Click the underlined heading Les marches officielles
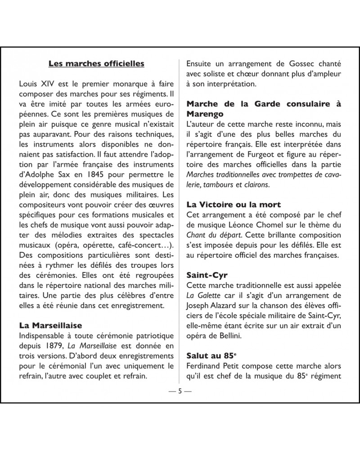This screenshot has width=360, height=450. tap(96, 63)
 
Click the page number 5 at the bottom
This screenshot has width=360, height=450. tap(180, 391)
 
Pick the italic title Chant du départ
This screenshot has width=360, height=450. tap(213, 235)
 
